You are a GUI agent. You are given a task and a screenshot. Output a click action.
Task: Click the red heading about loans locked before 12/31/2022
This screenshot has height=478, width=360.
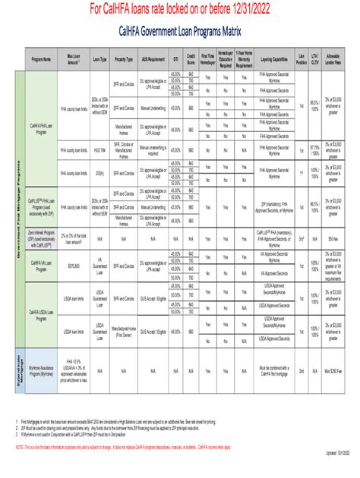click(x=180, y=9)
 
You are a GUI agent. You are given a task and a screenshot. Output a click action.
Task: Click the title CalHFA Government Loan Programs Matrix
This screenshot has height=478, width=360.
click(x=179, y=33)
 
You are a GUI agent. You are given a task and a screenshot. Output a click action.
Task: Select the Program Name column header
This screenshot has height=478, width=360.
click(x=41, y=58)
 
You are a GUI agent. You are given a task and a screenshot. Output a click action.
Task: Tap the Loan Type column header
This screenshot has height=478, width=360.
click(x=99, y=58)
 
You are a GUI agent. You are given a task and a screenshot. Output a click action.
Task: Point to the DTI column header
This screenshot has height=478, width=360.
click(x=175, y=58)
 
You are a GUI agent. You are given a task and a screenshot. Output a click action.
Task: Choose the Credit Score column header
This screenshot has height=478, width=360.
click(x=191, y=58)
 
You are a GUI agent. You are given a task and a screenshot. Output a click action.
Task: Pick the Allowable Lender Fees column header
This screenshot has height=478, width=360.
click(x=333, y=58)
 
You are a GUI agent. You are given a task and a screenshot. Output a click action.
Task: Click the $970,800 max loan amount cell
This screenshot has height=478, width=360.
click(x=74, y=266)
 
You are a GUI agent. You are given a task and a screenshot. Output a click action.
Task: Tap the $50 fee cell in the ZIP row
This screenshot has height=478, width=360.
click(x=333, y=237)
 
